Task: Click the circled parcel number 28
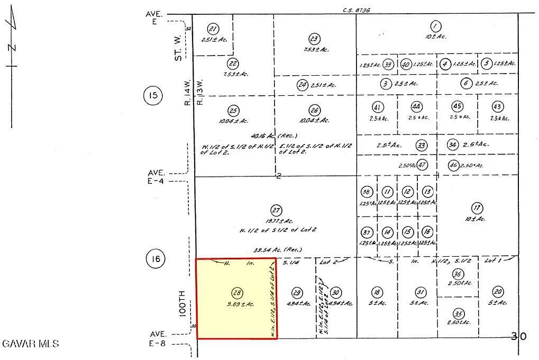point(237,292)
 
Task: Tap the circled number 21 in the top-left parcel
point(213,29)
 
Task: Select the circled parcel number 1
point(435,26)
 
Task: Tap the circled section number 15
point(153,96)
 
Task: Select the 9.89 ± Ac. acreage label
point(240,304)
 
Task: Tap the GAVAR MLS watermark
point(30,344)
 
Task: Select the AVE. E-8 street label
point(158,338)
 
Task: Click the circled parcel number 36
point(458,274)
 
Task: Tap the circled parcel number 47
point(422,164)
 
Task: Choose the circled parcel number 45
point(458,106)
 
